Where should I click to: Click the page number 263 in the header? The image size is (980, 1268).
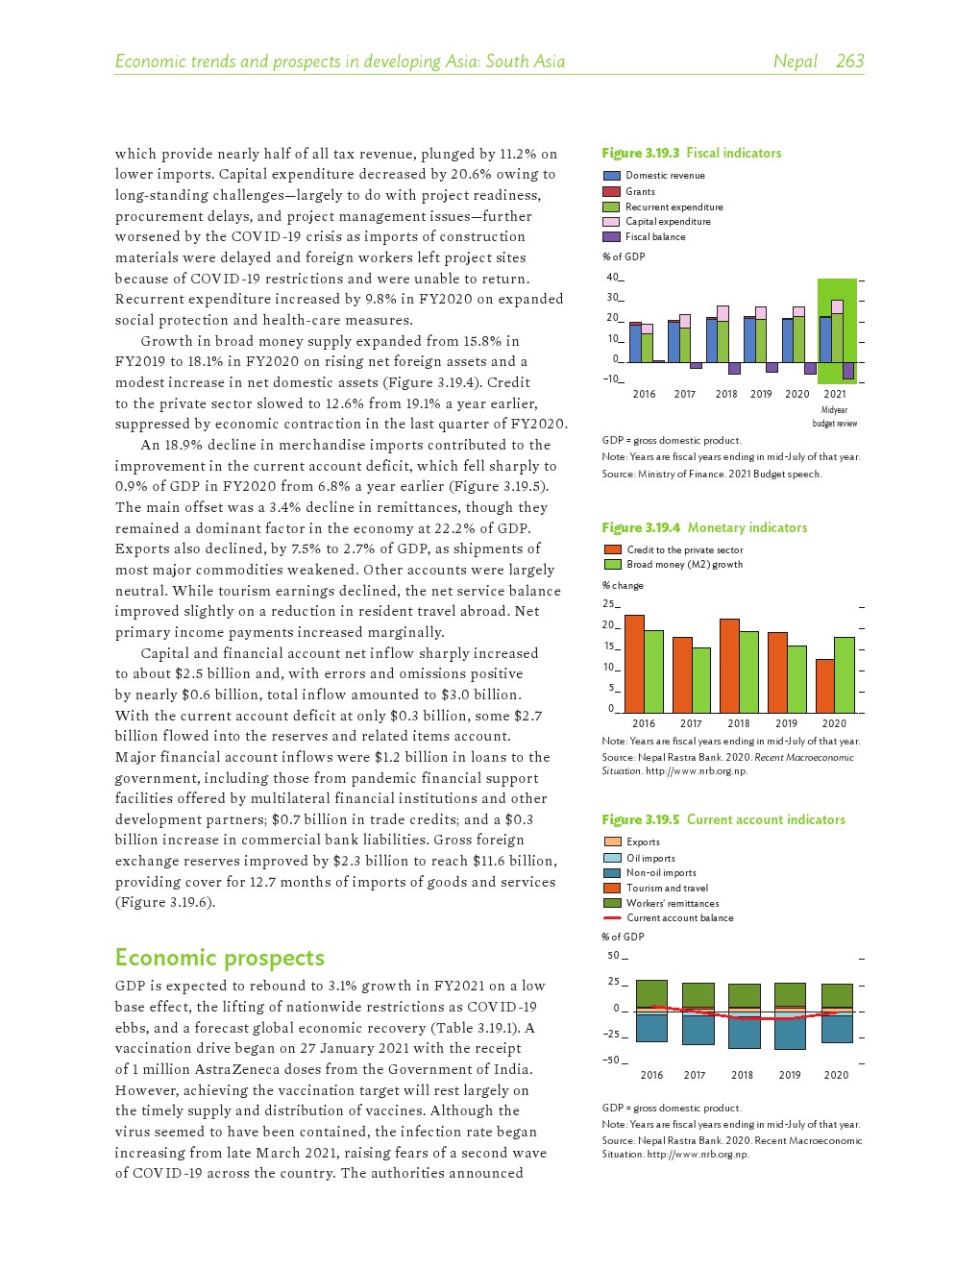click(849, 61)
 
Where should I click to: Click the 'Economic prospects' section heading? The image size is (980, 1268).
click(219, 958)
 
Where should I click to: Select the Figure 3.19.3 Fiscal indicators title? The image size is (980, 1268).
click(691, 153)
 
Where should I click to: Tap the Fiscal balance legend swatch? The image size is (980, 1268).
click(611, 236)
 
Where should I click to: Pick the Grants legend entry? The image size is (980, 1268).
click(640, 191)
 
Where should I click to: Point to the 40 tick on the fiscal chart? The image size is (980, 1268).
click(612, 278)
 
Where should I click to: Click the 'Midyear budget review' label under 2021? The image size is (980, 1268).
click(835, 417)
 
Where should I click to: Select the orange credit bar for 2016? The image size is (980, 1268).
click(634, 663)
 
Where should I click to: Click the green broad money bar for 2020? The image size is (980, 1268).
click(844, 674)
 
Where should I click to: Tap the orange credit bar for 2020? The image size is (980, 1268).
click(824, 685)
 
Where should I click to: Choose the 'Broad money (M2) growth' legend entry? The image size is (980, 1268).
click(684, 565)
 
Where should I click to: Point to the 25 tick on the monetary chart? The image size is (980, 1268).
click(608, 604)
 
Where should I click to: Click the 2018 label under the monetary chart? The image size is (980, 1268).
click(738, 723)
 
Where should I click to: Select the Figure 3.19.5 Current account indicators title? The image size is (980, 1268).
click(723, 819)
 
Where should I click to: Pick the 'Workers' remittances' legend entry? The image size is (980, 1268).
click(673, 903)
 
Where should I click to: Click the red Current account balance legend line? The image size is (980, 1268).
click(611, 918)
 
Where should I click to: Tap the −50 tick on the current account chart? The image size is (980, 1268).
click(611, 1061)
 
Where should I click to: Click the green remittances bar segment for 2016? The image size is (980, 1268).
click(651, 993)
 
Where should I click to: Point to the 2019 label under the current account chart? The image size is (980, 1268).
click(789, 1075)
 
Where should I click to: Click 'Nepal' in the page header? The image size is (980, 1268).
click(795, 61)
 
